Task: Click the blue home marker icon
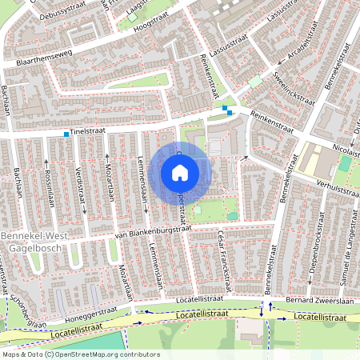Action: [180, 172]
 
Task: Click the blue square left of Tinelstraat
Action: [66, 135]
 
